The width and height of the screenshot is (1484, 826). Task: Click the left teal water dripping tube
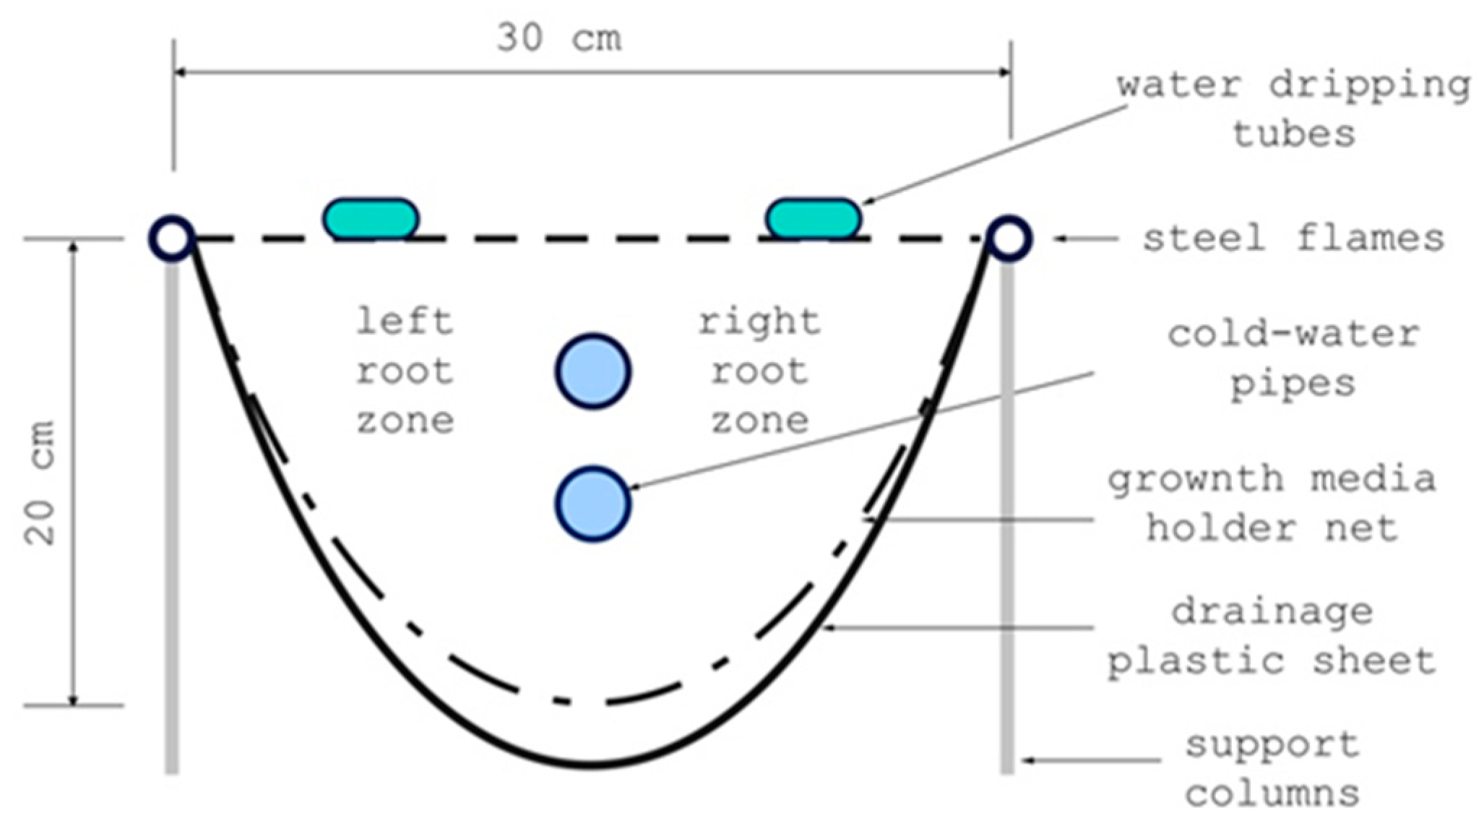click(x=371, y=218)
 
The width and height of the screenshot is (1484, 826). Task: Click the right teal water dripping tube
click(x=814, y=218)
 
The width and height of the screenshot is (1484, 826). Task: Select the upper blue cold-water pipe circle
click(x=593, y=371)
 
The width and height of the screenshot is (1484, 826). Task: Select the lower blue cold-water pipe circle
click(x=593, y=504)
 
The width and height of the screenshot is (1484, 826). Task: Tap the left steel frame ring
click(x=172, y=238)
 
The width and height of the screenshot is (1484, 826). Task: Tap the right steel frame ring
click(x=1009, y=238)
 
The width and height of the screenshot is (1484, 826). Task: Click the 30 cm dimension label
click(x=558, y=38)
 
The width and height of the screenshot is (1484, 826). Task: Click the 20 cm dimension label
click(x=40, y=483)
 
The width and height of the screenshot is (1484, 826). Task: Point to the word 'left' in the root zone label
click(x=405, y=322)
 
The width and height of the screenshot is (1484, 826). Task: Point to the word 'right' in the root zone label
click(x=759, y=322)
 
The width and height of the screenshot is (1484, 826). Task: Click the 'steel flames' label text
click(x=1293, y=238)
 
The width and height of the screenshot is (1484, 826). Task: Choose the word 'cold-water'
click(x=1293, y=335)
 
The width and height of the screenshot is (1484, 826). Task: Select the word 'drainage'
click(x=1272, y=612)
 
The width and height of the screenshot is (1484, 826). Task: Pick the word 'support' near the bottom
click(x=1272, y=745)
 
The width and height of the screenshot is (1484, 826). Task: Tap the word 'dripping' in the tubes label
click(x=1370, y=85)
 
